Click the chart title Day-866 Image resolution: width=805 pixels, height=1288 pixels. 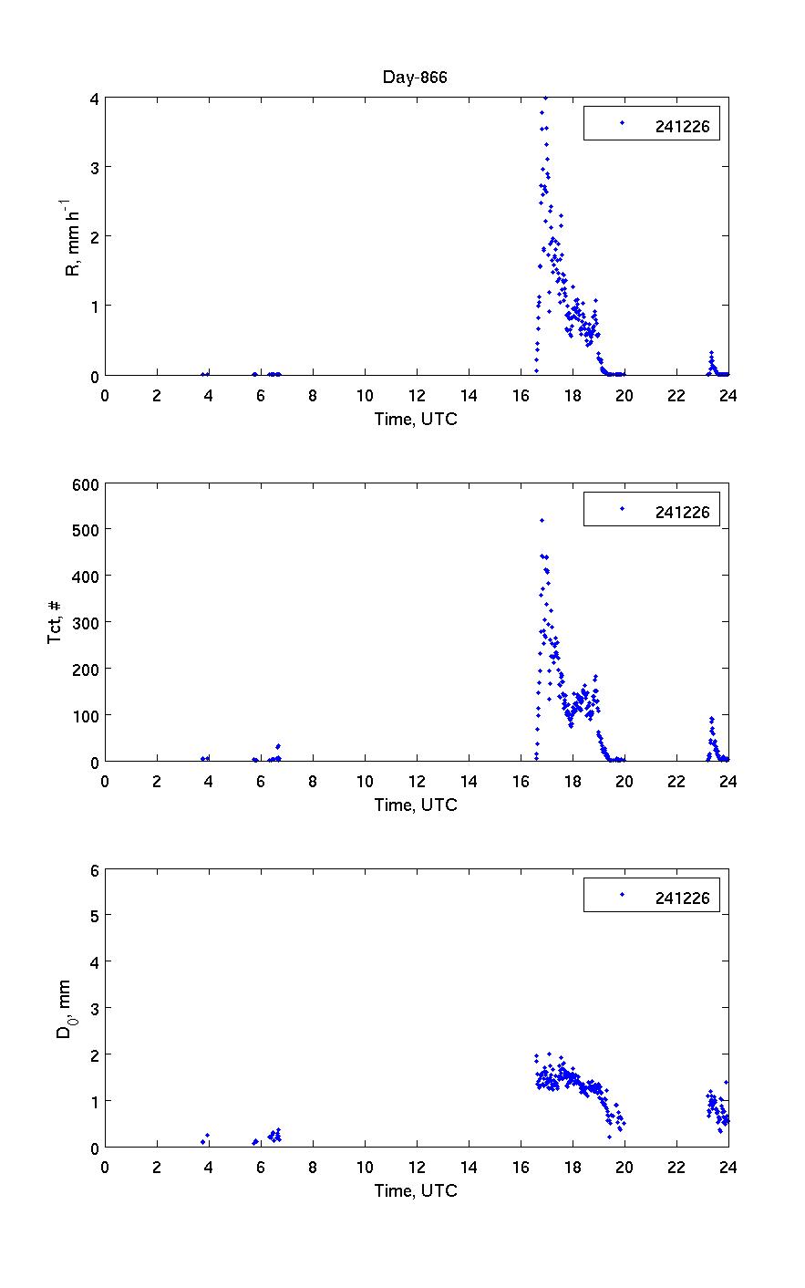[x=415, y=78]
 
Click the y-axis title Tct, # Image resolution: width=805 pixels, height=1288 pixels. [x=55, y=622]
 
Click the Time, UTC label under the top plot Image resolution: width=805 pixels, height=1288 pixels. [x=416, y=419]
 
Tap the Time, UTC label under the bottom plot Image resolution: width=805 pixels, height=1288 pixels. [x=416, y=1190]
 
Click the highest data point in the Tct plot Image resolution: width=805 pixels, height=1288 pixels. [x=542, y=520]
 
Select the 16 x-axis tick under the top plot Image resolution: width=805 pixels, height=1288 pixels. [x=521, y=396]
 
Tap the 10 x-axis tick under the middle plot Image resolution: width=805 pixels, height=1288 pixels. [x=365, y=782]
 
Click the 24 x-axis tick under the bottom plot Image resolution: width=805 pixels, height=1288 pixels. [x=728, y=1168]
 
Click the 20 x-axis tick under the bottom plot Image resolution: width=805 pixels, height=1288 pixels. [x=624, y=1168]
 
